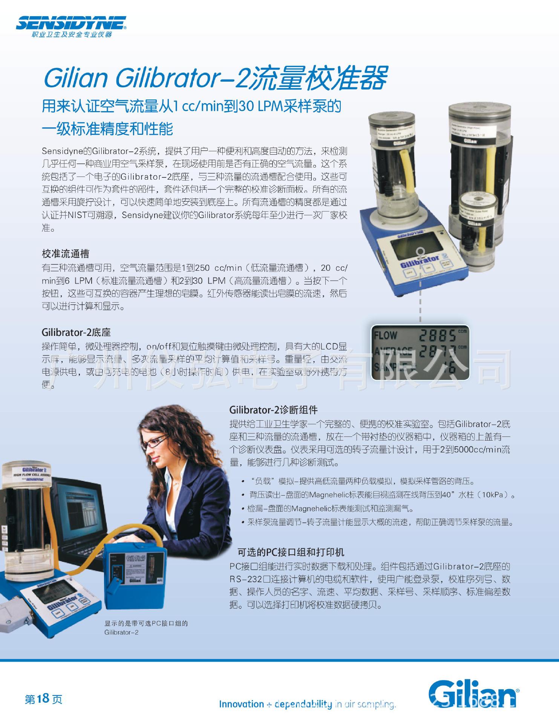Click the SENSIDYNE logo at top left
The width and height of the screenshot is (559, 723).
click(x=71, y=24)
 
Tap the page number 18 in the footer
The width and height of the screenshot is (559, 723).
click(x=44, y=699)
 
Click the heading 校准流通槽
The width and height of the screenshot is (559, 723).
click(x=66, y=253)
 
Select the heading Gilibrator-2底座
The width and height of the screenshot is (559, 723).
click(x=76, y=332)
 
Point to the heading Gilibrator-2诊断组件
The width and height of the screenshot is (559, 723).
click(x=273, y=410)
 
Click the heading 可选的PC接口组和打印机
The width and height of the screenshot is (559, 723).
click(x=291, y=552)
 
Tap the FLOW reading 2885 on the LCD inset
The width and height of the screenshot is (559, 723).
click(x=437, y=335)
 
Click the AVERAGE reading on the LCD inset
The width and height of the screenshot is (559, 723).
click(x=437, y=351)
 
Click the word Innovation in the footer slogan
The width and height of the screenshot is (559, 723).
click(x=241, y=704)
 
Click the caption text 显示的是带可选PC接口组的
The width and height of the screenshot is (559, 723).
click(x=146, y=623)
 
